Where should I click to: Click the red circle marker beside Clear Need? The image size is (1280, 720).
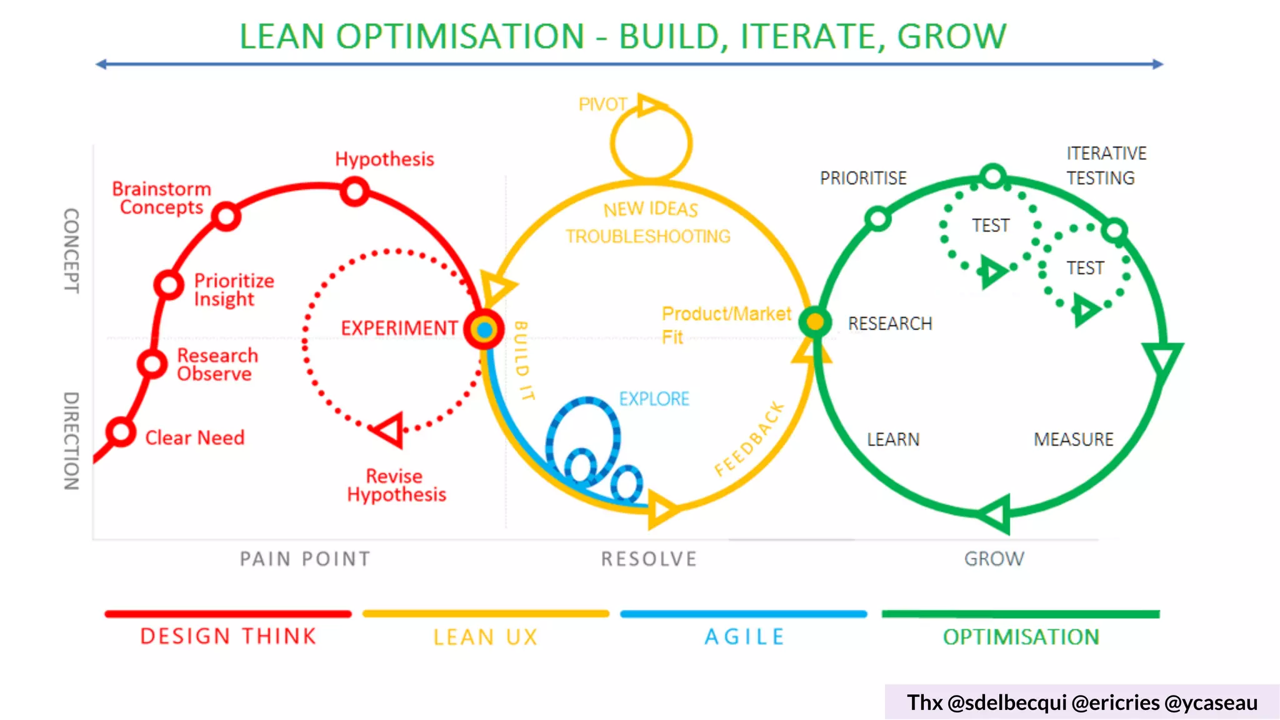[121, 432]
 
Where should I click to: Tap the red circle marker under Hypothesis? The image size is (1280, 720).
[355, 191]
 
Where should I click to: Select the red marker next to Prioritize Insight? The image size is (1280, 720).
[169, 284]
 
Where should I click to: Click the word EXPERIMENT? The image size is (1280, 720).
[399, 328]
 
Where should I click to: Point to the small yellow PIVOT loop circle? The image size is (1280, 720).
[651, 143]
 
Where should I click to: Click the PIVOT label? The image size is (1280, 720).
[602, 104]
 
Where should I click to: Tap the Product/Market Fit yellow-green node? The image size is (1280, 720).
[815, 322]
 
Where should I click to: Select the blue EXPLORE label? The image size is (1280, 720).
[654, 399]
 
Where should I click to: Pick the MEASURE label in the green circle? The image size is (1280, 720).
[1073, 439]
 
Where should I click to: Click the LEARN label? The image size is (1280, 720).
[893, 439]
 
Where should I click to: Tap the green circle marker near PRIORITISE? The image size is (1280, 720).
[878, 218]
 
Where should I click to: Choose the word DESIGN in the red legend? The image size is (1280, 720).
[185, 636]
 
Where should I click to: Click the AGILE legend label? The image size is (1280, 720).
[744, 637]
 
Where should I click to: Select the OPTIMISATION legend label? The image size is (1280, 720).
[1021, 637]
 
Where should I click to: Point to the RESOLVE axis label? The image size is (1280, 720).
[649, 559]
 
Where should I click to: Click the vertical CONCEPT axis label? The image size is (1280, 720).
[72, 250]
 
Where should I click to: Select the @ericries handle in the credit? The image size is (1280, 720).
[1115, 702]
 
